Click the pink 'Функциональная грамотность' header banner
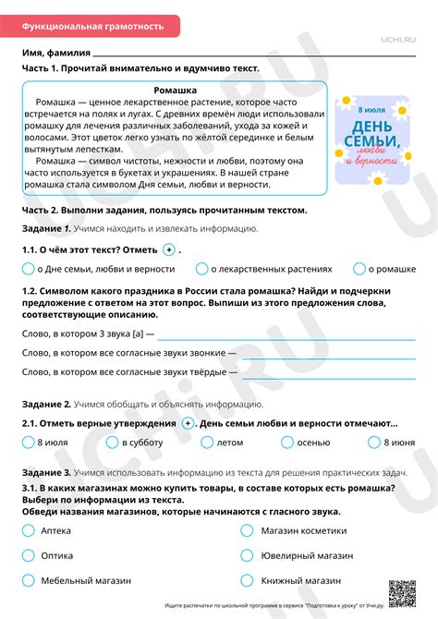click(92, 26)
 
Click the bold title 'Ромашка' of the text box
click(176, 90)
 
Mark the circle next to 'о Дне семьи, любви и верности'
click(28, 269)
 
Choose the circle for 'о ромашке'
click(359, 269)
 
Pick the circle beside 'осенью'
click(286, 443)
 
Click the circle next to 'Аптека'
click(28, 530)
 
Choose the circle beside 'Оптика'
click(28, 555)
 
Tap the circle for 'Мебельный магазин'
click(28, 581)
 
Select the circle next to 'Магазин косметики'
click(247, 530)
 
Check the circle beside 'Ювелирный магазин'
click(247, 555)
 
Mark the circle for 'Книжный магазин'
click(247, 581)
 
